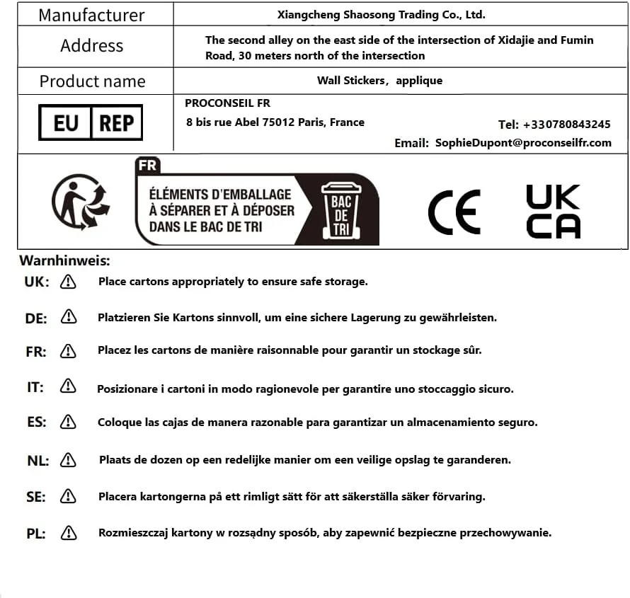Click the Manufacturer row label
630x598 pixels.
coord(91,15)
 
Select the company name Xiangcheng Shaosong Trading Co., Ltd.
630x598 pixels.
coord(381,14)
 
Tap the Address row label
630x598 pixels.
coord(91,46)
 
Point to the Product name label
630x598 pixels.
coord(92,81)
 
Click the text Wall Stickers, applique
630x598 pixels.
coord(380,81)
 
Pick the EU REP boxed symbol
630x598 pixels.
coord(91,123)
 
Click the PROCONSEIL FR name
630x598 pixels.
coord(227,103)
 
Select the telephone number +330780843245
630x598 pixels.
coord(566,125)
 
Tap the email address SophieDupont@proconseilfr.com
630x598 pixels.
coord(523,142)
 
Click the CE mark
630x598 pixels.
coord(454,212)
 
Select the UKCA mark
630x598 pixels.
coord(553,211)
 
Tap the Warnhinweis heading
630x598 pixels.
coord(64,261)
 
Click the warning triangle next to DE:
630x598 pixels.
coord(69,317)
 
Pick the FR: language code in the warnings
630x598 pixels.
coord(35,351)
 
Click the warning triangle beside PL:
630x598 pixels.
coord(69,532)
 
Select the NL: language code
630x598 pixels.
coord(38,461)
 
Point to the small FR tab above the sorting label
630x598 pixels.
coord(148,166)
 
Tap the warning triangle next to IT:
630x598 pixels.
coord(68,386)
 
